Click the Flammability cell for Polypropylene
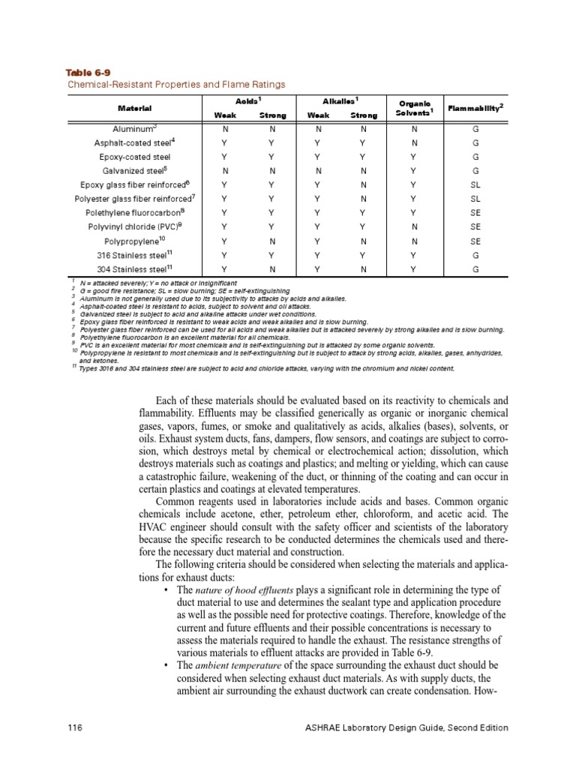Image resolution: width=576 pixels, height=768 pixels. coord(476,241)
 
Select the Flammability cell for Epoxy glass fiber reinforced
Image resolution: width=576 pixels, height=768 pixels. coord(476,184)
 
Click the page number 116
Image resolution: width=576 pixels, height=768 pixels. coord(73,727)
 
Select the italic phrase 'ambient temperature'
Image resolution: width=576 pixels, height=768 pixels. coord(238,666)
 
